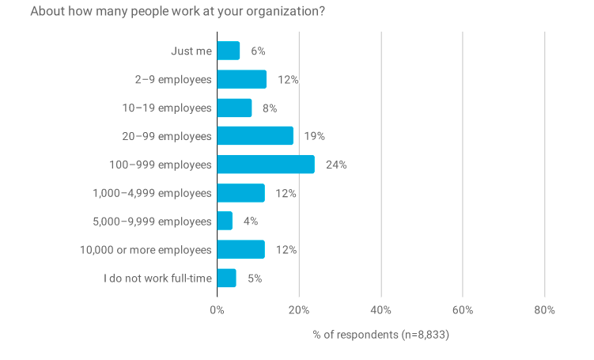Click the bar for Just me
[228, 51]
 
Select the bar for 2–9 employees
[241, 79]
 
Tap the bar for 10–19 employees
[234, 108]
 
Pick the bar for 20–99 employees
[255, 136]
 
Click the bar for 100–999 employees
[266, 165]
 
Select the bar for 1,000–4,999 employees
[240, 193]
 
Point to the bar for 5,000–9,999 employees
[225, 222]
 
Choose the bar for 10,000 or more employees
[240, 250]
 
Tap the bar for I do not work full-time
[226, 279]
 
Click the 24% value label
[336, 165]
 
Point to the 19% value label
[315, 136]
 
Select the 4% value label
[251, 222]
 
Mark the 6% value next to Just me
[258, 51]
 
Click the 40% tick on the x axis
[380, 310]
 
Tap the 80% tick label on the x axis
[544, 310]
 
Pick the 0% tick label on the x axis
[217, 310]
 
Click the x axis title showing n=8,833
[380, 335]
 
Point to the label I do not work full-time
[157, 279]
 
